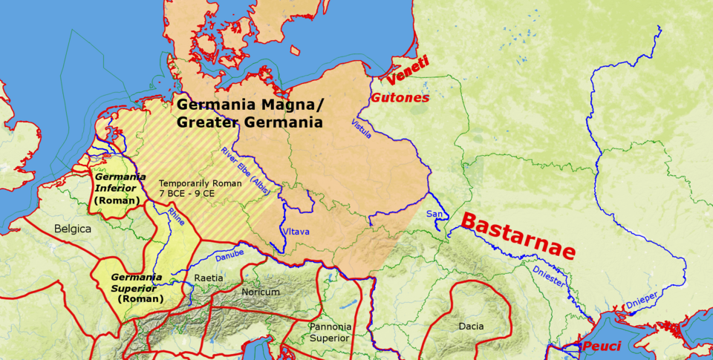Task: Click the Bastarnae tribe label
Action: click(x=518, y=235)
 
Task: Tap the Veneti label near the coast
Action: click(x=408, y=72)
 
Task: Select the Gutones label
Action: click(x=400, y=97)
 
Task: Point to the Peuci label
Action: click(x=601, y=347)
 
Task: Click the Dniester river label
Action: click(x=548, y=276)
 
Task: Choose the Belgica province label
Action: click(x=72, y=229)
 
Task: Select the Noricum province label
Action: click(x=261, y=292)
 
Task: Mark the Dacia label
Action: click(x=470, y=326)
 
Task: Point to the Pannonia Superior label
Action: click(x=329, y=332)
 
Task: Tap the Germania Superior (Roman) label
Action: click(x=136, y=288)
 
